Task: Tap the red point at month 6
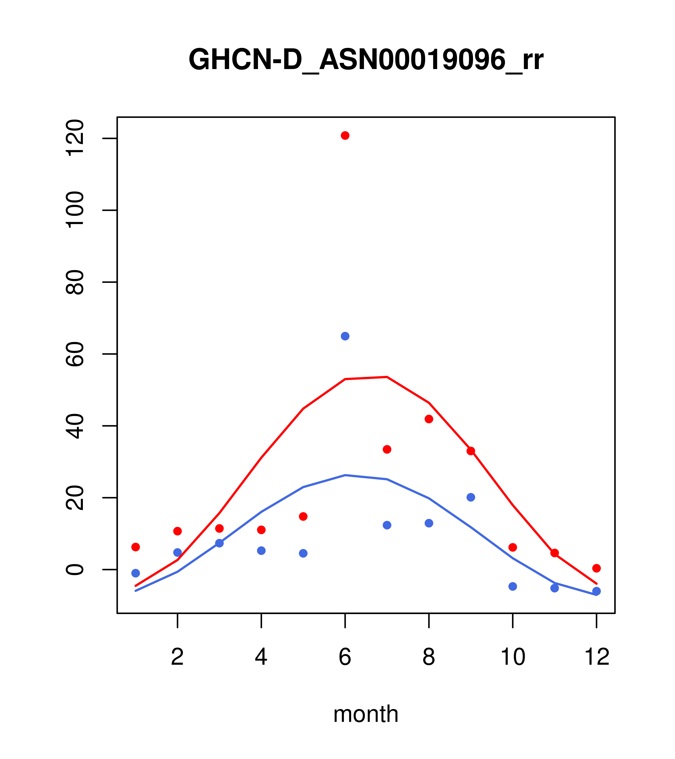click(x=345, y=135)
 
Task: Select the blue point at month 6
click(x=345, y=336)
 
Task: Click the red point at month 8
click(x=429, y=419)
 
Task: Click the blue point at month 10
click(x=513, y=586)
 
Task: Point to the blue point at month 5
click(x=303, y=553)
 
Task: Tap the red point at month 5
click(x=303, y=517)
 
